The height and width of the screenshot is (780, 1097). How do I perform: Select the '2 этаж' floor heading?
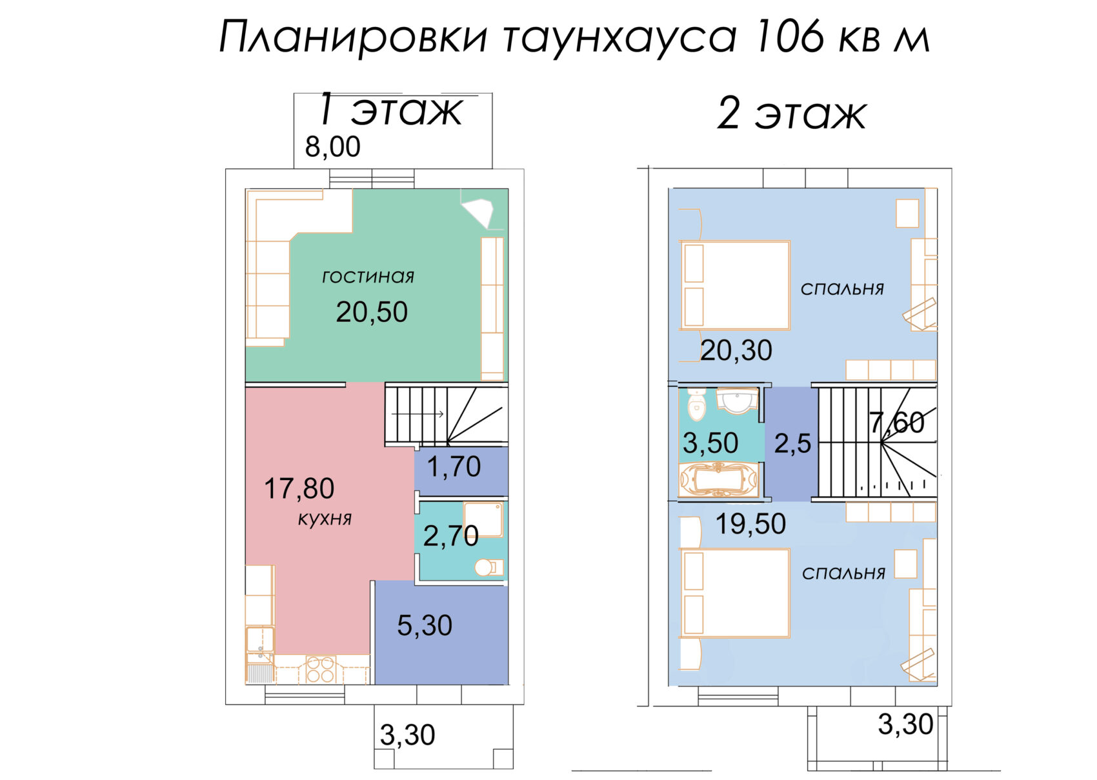[x=792, y=114]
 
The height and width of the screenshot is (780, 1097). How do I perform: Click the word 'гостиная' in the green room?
[x=368, y=277]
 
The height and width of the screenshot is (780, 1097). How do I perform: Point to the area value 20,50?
[x=372, y=312]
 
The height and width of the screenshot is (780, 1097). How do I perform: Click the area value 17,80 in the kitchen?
[x=299, y=488]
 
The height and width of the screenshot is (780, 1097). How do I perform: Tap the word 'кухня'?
[x=325, y=519]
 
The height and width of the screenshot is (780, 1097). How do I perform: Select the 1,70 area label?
[x=454, y=466]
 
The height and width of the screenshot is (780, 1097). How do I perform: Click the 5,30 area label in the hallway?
[x=425, y=625]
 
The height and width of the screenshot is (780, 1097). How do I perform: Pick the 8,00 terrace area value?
[x=332, y=146]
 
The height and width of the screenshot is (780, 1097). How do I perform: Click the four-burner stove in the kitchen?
[x=320, y=669]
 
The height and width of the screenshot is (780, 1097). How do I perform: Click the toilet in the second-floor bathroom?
[x=696, y=404]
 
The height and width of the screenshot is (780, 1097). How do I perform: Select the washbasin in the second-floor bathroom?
[x=737, y=400]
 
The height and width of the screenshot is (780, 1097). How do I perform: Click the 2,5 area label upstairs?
[x=792, y=444]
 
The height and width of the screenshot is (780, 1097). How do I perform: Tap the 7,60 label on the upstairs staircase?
[x=897, y=422]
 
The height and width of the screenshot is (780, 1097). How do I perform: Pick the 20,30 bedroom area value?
[x=736, y=350]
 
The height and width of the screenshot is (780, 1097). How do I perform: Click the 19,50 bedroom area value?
[x=750, y=523]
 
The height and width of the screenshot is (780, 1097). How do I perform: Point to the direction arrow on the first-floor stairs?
[x=418, y=414]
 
